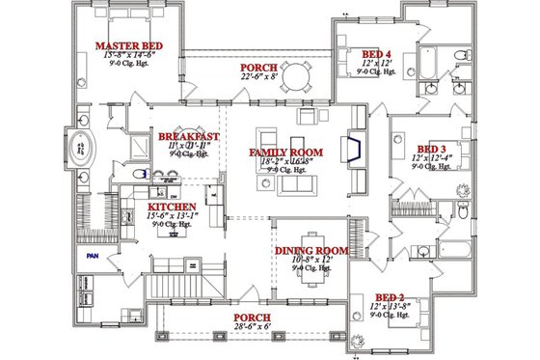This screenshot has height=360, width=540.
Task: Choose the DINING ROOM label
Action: tap(310, 251)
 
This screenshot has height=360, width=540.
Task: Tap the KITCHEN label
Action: tap(173, 207)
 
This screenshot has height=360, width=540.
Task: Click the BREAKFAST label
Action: tap(188, 137)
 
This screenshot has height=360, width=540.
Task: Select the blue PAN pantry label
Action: tap(94, 257)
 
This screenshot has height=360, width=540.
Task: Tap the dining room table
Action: tap(310, 270)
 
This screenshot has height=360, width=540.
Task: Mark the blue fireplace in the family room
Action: tap(354, 152)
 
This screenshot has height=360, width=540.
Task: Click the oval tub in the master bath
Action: tap(82, 151)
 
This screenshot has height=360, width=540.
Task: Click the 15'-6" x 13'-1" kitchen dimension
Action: tap(173, 217)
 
